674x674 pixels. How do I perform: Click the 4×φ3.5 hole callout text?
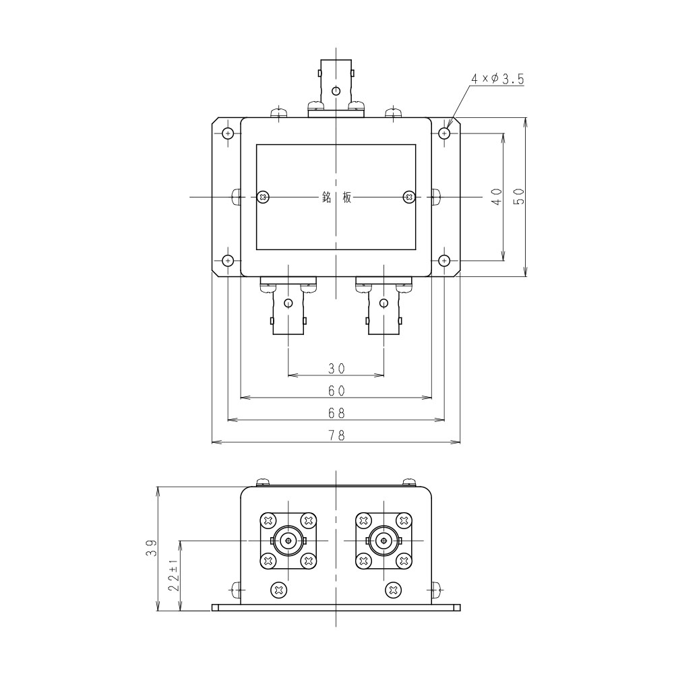(497, 80)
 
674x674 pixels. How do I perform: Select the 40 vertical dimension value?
(497, 197)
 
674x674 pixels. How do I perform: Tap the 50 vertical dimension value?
(518, 197)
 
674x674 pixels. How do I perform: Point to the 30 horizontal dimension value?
(336, 368)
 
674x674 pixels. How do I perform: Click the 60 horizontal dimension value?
(336, 390)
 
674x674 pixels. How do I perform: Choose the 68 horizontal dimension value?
(336, 412)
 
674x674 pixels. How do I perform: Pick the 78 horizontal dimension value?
(336, 435)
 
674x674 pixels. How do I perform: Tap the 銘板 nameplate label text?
(336, 197)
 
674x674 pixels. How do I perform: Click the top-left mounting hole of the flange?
(228, 133)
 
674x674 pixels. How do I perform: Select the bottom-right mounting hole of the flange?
(444, 260)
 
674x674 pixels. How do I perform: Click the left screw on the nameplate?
(264, 197)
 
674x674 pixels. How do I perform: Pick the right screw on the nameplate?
(408, 197)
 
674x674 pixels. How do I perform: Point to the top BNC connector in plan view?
(336, 86)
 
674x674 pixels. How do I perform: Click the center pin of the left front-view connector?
(288, 540)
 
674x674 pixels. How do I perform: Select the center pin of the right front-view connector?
(384, 540)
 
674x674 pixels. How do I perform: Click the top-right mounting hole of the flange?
(444, 133)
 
